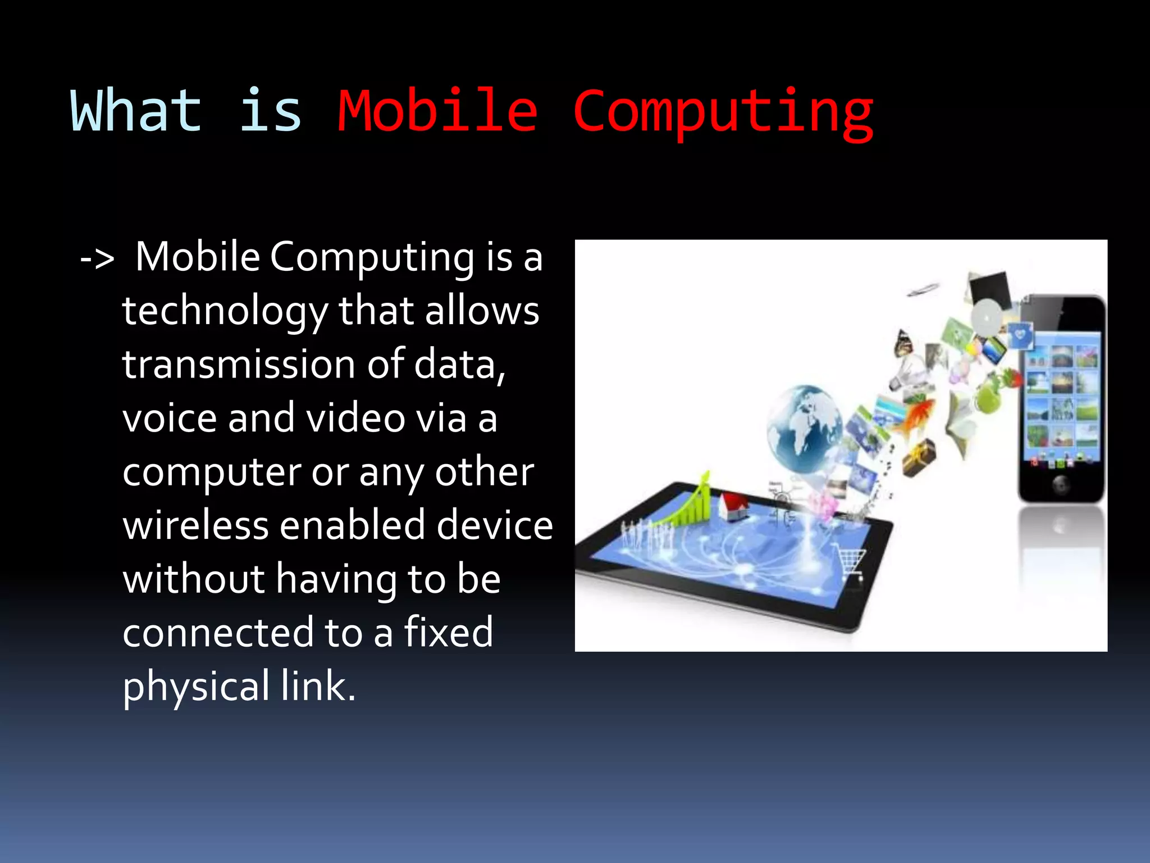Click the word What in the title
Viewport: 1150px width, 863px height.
tap(136, 111)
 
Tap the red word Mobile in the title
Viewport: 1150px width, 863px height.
tap(437, 111)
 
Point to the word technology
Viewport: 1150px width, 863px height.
tap(225, 312)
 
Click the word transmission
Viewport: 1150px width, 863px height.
tap(238, 365)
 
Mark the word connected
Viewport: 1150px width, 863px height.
tap(218, 633)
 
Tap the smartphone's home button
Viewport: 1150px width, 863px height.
tap(1061, 483)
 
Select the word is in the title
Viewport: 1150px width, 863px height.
tap(270, 111)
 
